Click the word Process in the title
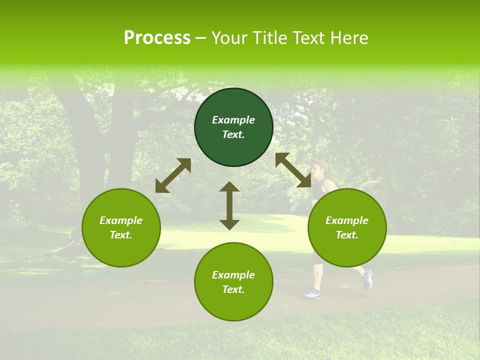[157, 38]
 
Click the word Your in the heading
[229, 38]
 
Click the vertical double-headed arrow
[229, 205]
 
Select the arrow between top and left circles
[173, 175]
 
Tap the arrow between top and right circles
[293, 170]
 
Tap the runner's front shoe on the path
[311, 293]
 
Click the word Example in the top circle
[233, 120]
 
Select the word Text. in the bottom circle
[233, 289]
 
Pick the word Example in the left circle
[121, 220]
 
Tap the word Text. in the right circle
[347, 235]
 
